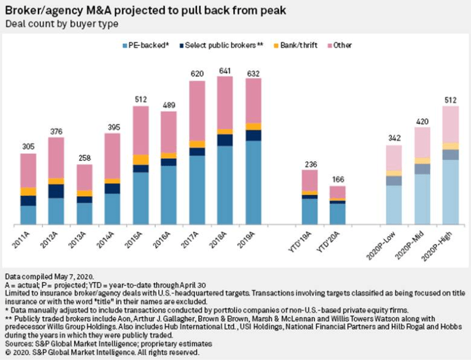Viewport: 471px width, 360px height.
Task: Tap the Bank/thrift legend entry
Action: (294, 45)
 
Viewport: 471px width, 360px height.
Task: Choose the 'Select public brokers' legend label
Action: (212, 45)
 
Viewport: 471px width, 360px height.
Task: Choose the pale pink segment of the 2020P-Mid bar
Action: (421, 142)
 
